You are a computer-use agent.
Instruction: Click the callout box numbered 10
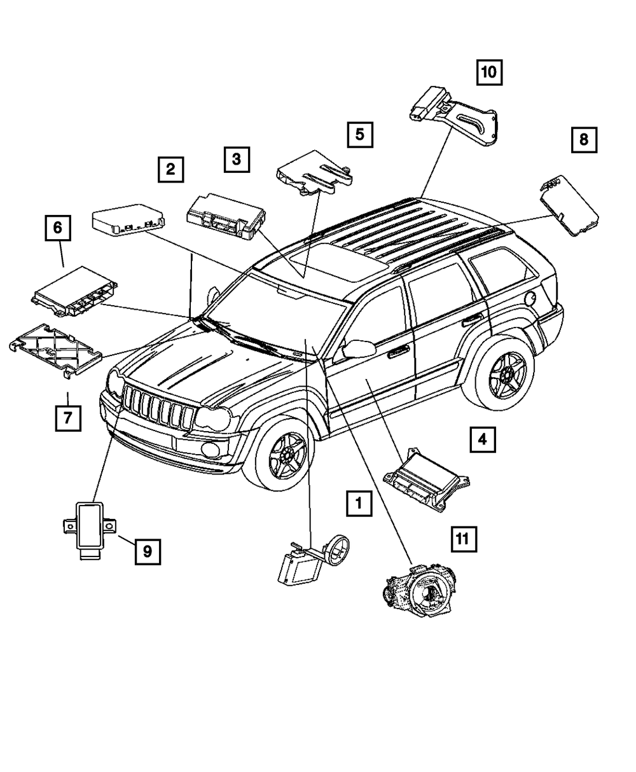click(x=488, y=72)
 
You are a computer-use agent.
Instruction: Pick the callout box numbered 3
click(x=236, y=159)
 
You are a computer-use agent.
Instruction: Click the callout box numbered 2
click(x=170, y=169)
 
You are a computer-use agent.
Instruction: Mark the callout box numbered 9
click(x=147, y=551)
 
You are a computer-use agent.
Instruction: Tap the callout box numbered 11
click(x=464, y=539)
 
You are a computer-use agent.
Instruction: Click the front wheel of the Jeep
click(x=284, y=453)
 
